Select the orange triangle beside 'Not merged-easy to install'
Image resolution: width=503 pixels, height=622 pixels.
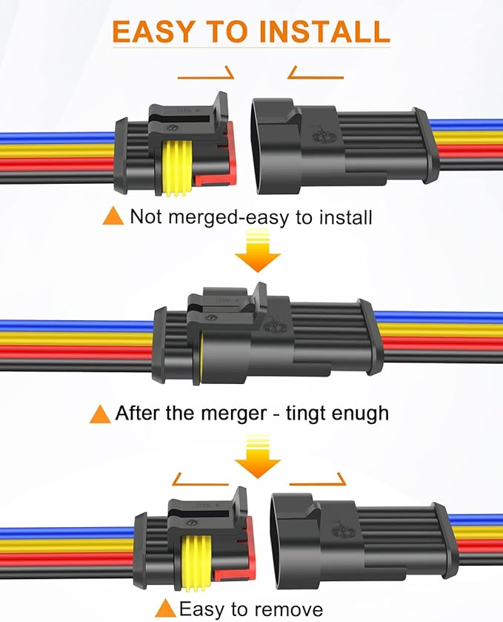click(x=113, y=216)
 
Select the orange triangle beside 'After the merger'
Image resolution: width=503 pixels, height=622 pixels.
click(x=100, y=413)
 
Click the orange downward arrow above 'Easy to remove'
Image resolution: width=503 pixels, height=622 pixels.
click(x=257, y=457)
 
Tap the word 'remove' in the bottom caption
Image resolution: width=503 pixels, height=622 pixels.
click(x=287, y=609)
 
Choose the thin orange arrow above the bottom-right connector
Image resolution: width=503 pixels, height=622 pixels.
click(x=318, y=481)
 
